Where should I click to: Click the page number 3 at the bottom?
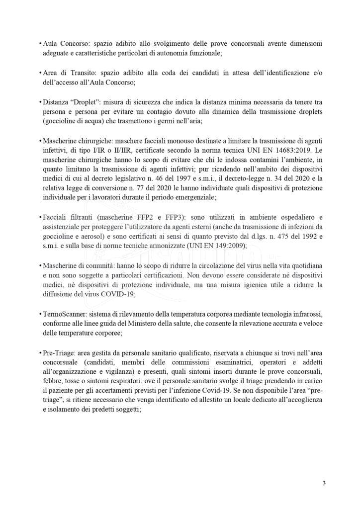(324, 483)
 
